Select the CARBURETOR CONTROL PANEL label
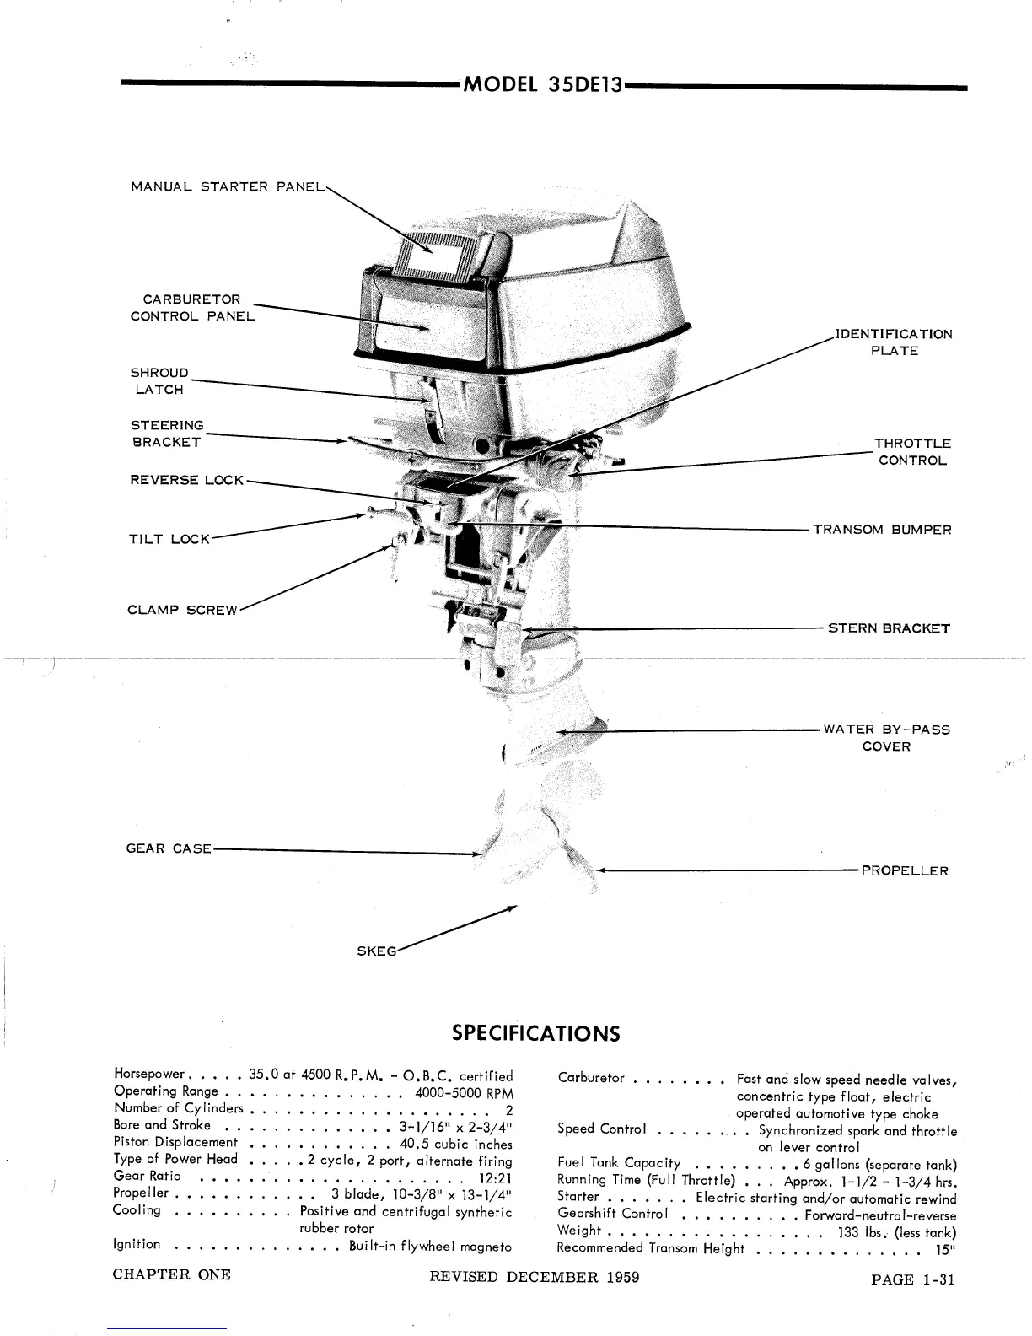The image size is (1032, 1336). click(191, 308)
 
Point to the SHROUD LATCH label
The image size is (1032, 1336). click(159, 381)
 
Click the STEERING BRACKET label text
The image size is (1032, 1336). click(167, 434)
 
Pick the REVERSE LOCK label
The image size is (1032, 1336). click(186, 480)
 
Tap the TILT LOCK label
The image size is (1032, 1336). click(169, 539)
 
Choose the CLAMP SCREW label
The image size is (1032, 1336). click(183, 610)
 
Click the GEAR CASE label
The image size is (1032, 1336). click(168, 848)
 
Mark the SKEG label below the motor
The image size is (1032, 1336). click(376, 951)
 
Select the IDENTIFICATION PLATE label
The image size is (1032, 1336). click(894, 342)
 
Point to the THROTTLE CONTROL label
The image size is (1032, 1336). click(912, 452)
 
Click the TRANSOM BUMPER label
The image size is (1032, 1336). click(882, 530)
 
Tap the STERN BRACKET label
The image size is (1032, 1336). click(889, 628)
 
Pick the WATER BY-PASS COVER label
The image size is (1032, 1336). click(886, 738)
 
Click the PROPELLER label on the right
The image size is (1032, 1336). click(905, 871)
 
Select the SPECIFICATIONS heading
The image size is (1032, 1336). click(536, 1033)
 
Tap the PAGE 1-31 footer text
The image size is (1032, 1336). click(912, 1279)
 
